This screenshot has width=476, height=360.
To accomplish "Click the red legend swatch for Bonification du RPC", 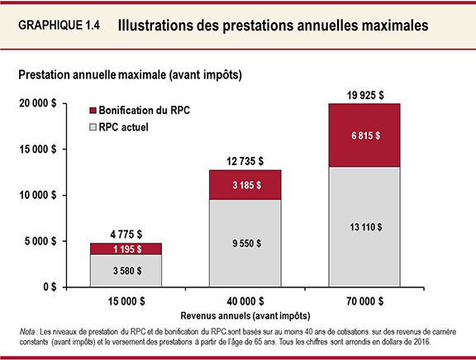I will click(x=92, y=110).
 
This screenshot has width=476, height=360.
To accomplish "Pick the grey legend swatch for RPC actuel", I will click(x=92, y=128).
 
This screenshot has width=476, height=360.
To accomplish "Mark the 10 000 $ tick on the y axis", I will click(x=37, y=196).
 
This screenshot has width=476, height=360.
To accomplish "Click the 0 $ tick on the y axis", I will click(x=50, y=287).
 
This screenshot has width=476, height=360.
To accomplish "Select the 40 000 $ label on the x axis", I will click(x=245, y=301).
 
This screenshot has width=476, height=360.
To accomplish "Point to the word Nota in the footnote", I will click(x=30, y=330).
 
